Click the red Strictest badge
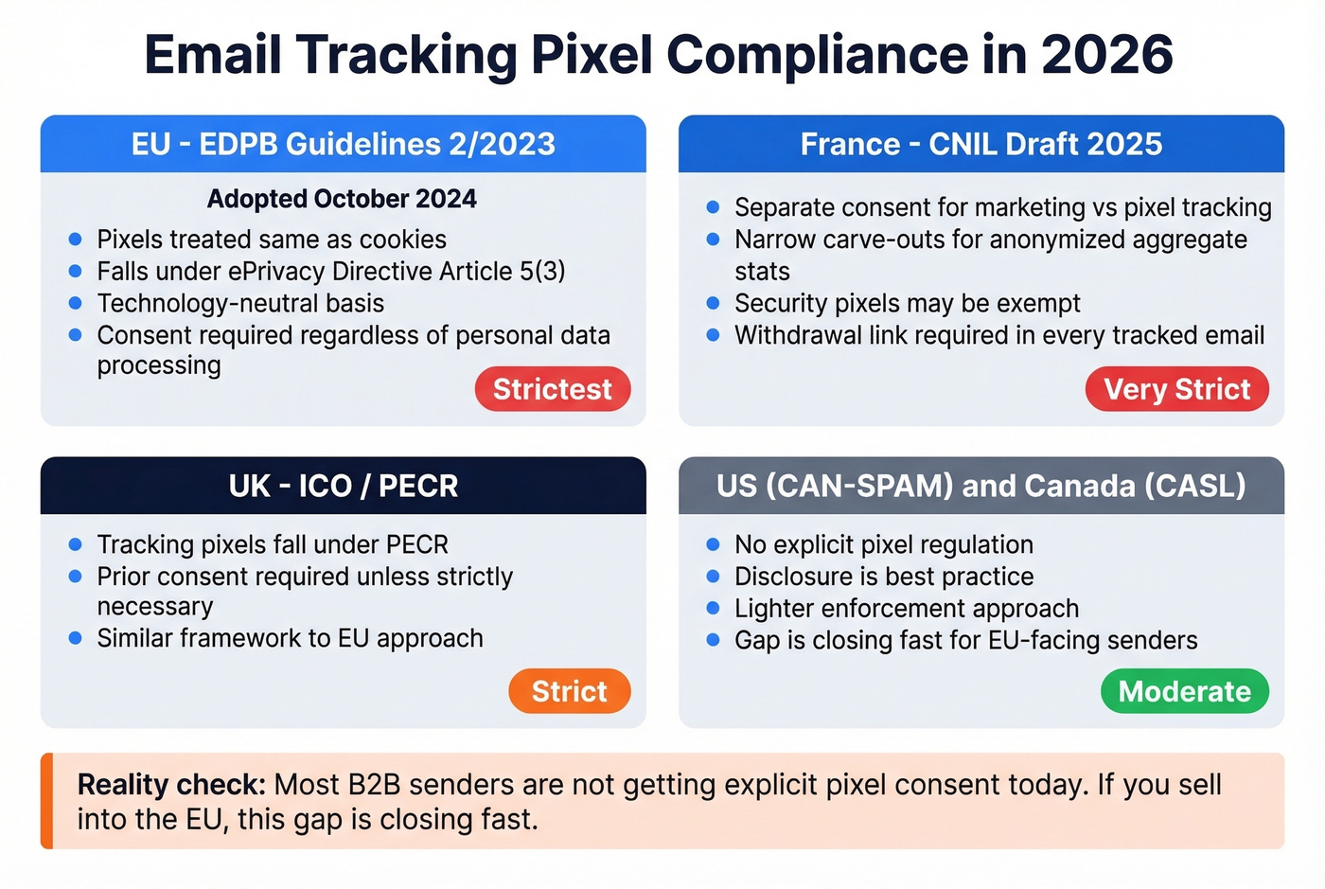coord(553,389)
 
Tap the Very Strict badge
coord(1176,389)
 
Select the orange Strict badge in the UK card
coord(569,691)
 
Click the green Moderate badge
coord(1184,691)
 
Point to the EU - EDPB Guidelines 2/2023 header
coord(343,144)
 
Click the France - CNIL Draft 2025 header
coord(980,144)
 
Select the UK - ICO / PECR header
coord(343,486)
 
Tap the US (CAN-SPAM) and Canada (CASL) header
coord(980,486)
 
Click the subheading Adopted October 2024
coord(342,199)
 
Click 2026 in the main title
coord(1106,54)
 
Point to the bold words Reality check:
coord(171,785)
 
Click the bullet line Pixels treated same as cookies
coord(271,240)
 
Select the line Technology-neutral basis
coord(240,303)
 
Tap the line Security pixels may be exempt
coord(907,303)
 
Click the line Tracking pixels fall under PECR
coord(273,544)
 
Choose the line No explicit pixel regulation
coord(883,544)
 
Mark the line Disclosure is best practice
coord(883,577)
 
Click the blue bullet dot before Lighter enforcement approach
coord(714,608)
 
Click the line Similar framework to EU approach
coord(290,638)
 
